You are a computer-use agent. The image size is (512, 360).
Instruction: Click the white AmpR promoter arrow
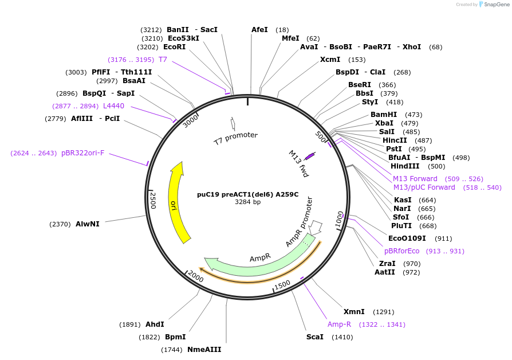tap(316, 228)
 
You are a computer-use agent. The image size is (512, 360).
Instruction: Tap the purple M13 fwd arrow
tap(310, 155)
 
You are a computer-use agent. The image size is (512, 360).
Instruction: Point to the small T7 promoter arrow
tap(233, 123)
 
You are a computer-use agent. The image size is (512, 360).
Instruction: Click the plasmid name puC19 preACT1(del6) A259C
tap(247, 194)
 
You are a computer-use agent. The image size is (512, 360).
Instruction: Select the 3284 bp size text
tap(247, 202)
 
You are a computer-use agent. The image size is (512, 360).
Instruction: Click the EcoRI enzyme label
tap(175, 47)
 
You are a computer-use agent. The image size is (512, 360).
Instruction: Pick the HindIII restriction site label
tap(405, 166)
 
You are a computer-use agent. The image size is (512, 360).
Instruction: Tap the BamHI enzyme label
tap(384, 115)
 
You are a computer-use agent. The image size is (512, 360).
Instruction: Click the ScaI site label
tap(314, 337)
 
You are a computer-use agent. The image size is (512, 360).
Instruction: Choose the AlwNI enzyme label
tap(88, 224)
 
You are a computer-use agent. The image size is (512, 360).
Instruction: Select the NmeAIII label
tap(204, 349)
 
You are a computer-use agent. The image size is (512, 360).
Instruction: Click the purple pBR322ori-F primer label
tap(83, 153)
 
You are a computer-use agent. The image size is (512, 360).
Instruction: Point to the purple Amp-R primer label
tap(339, 324)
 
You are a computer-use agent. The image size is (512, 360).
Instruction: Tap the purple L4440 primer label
tap(113, 106)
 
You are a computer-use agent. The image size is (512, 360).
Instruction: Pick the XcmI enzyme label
tap(330, 60)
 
